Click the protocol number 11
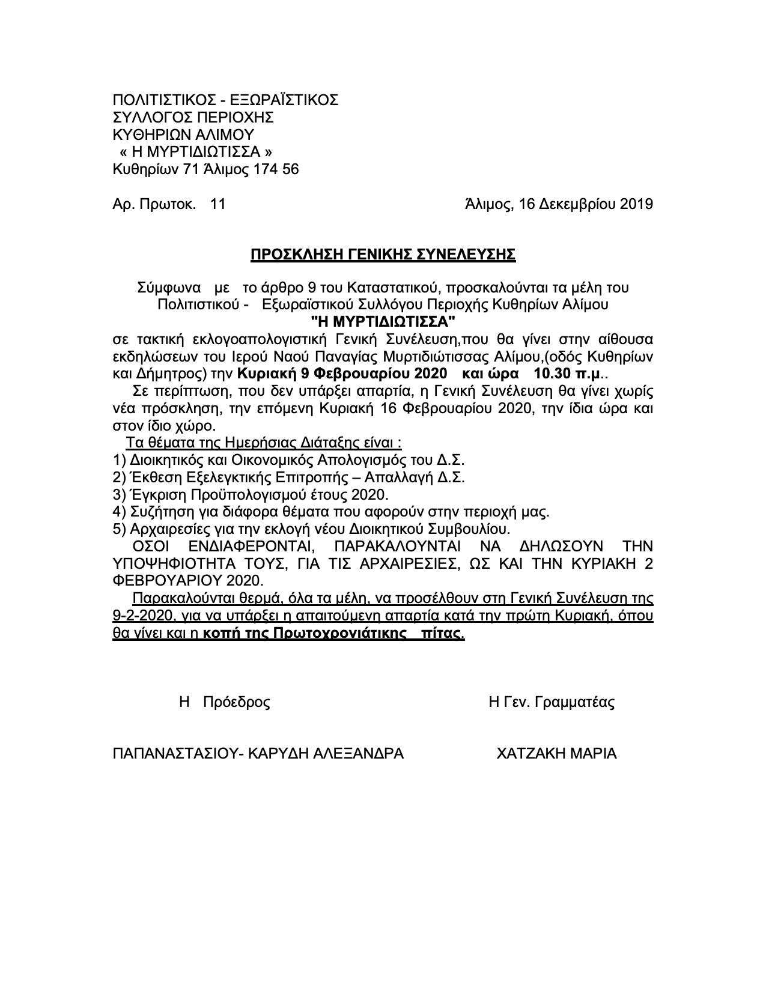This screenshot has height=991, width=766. [217, 204]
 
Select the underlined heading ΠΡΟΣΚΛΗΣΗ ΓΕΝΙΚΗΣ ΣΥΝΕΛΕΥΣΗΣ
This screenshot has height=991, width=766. [383, 255]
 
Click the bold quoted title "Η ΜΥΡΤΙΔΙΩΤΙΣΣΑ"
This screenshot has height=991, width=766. [383, 321]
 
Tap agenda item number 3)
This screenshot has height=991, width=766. [118, 495]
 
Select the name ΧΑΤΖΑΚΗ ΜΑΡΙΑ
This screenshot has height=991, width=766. [556, 753]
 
